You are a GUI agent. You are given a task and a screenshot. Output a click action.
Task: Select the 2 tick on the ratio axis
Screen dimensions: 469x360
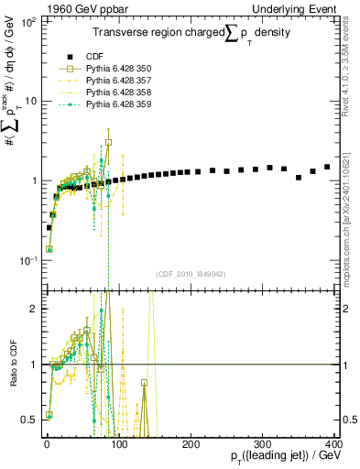click(x=34, y=309)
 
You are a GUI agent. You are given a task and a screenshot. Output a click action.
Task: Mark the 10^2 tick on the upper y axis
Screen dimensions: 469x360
click(x=27, y=20)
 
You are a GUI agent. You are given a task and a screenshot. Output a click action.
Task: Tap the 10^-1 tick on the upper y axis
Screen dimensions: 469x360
click(x=27, y=260)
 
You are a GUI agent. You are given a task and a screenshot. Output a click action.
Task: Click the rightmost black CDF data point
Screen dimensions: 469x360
click(x=327, y=167)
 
